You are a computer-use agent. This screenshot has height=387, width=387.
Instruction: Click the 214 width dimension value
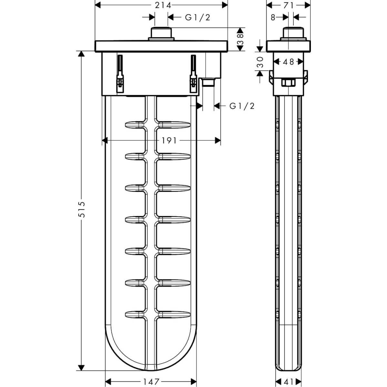[x=163, y=5]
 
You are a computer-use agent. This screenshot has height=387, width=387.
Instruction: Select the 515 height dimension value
[x=82, y=210]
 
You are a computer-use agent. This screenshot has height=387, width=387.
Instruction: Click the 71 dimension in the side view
[x=288, y=5]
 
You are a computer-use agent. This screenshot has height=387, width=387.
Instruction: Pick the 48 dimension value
[x=288, y=62]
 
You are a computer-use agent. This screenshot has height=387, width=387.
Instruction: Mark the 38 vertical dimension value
[x=240, y=39]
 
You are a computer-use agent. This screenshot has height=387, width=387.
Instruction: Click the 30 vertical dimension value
[x=260, y=62]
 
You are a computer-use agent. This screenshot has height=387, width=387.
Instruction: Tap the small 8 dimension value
[x=273, y=18]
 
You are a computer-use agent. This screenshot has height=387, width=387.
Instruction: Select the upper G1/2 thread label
[x=197, y=18]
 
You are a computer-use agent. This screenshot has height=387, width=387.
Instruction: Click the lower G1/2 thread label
[x=242, y=106]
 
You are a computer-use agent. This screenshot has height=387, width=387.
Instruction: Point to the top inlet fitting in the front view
[x=161, y=34]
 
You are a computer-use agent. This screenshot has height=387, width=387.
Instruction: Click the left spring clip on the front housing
[x=120, y=74]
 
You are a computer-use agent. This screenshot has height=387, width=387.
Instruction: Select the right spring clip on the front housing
[x=193, y=74]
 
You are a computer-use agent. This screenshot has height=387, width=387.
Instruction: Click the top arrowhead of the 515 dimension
[x=81, y=54]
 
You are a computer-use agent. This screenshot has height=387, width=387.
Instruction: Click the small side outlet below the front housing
[x=208, y=82]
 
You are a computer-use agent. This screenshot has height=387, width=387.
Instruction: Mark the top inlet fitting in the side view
[x=293, y=34]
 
